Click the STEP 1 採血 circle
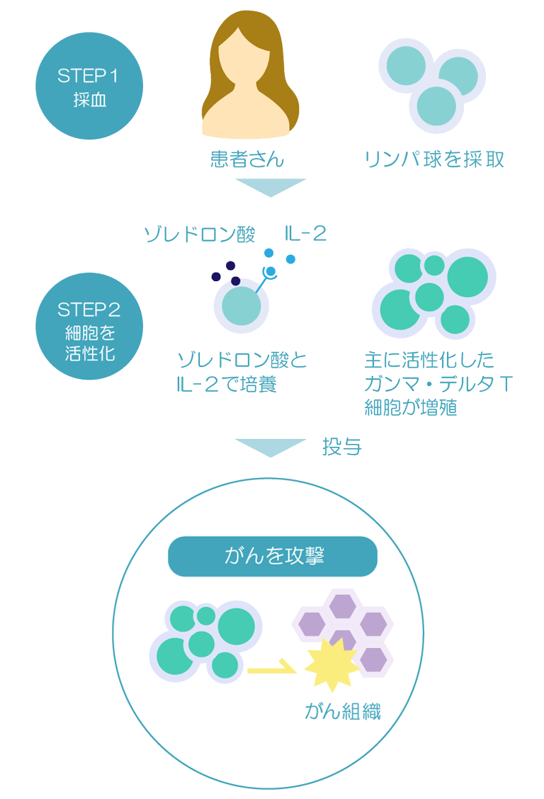tap(89, 86)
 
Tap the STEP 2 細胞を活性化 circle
tap(89, 326)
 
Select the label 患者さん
tap(247, 159)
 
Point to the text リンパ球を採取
tap(434, 159)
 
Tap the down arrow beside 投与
tap(271, 448)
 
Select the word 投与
tap(342, 447)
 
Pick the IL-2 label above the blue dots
tap(305, 234)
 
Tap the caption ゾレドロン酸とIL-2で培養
tap(242, 372)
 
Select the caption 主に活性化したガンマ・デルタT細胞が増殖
tap(438, 384)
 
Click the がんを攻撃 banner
tap(273, 556)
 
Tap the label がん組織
tap(342, 711)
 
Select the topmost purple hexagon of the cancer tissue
tap(342, 606)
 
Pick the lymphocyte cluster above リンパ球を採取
tap(433, 86)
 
